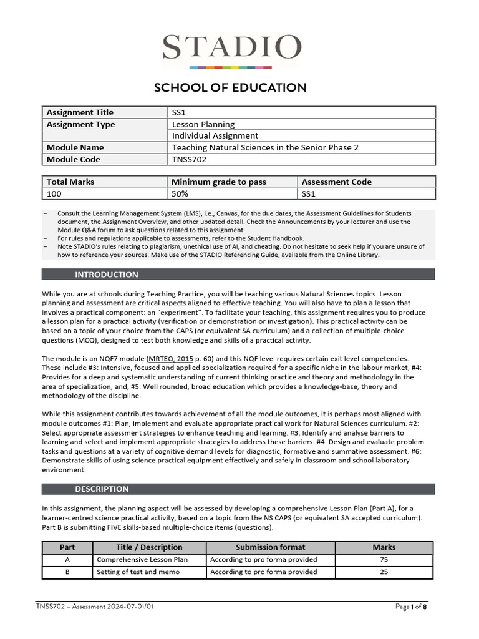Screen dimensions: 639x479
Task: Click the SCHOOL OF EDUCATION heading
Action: (x=230, y=87)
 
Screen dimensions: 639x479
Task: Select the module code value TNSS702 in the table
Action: (x=190, y=159)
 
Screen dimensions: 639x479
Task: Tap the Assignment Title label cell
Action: (x=80, y=112)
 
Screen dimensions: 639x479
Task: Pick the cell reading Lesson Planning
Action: (x=203, y=124)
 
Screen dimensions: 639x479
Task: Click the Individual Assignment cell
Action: (x=215, y=135)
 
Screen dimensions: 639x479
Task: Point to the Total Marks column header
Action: (x=70, y=182)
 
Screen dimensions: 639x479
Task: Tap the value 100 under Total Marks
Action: (x=54, y=193)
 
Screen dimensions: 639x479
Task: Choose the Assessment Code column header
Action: (x=336, y=182)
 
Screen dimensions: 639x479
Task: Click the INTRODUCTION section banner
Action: (x=107, y=275)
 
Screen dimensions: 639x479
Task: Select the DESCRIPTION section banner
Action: (x=102, y=489)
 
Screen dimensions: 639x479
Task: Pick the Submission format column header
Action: (x=271, y=547)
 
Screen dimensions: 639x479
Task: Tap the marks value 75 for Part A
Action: (x=384, y=560)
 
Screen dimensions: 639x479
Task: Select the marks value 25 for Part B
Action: (x=384, y=572)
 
